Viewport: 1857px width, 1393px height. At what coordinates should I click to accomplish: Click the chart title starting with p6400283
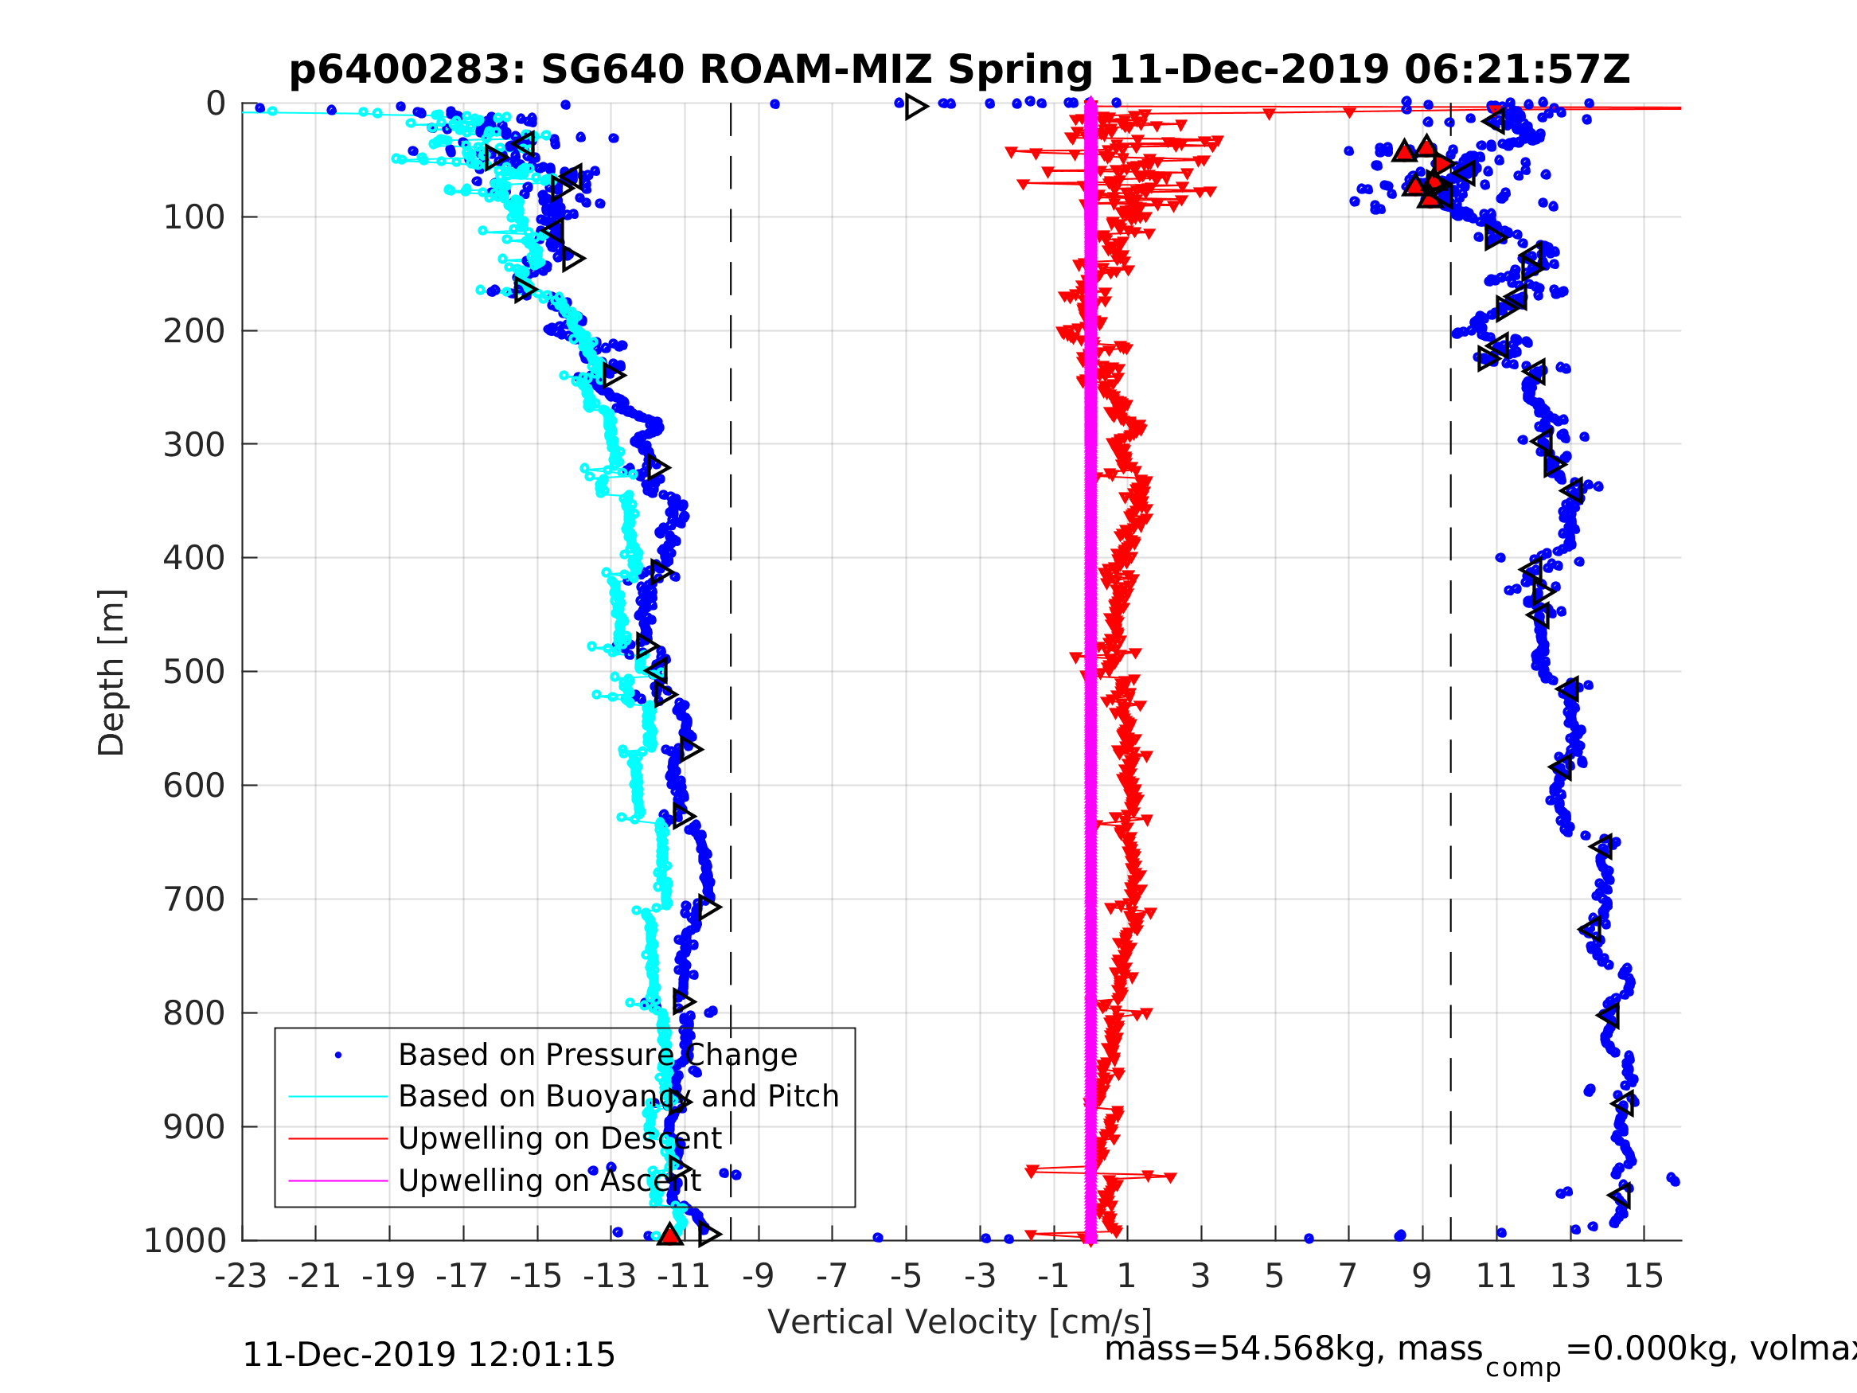958,70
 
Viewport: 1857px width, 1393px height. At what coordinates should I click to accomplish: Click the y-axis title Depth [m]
111,672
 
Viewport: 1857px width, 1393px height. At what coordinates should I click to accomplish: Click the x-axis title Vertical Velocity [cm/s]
958,1321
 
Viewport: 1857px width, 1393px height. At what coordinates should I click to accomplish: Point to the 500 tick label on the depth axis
194,672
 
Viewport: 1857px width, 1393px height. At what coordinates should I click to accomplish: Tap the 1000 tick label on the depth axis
185,1240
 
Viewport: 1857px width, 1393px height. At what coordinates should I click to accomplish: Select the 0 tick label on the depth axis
216,104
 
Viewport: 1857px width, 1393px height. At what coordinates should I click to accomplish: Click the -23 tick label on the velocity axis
241,1276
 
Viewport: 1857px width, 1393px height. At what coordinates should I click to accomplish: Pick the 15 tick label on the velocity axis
1643,1276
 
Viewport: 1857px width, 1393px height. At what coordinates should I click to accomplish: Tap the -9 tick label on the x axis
758,1276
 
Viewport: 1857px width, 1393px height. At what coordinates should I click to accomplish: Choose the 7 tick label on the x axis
1348,1276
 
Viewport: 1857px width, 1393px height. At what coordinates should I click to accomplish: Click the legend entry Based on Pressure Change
597,1055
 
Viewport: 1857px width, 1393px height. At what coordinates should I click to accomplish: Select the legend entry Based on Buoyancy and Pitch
618,1096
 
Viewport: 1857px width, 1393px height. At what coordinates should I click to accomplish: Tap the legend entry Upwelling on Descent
559,1137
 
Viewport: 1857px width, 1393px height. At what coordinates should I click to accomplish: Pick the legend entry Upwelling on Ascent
549,1180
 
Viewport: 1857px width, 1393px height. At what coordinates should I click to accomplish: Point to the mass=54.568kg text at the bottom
1293,1349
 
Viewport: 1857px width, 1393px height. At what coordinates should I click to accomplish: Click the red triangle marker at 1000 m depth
669,1235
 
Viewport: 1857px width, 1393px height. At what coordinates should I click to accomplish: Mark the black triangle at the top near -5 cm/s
916,107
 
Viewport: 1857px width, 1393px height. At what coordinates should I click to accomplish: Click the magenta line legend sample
338,1180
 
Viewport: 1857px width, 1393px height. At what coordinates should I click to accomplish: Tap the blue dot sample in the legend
338,1055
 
